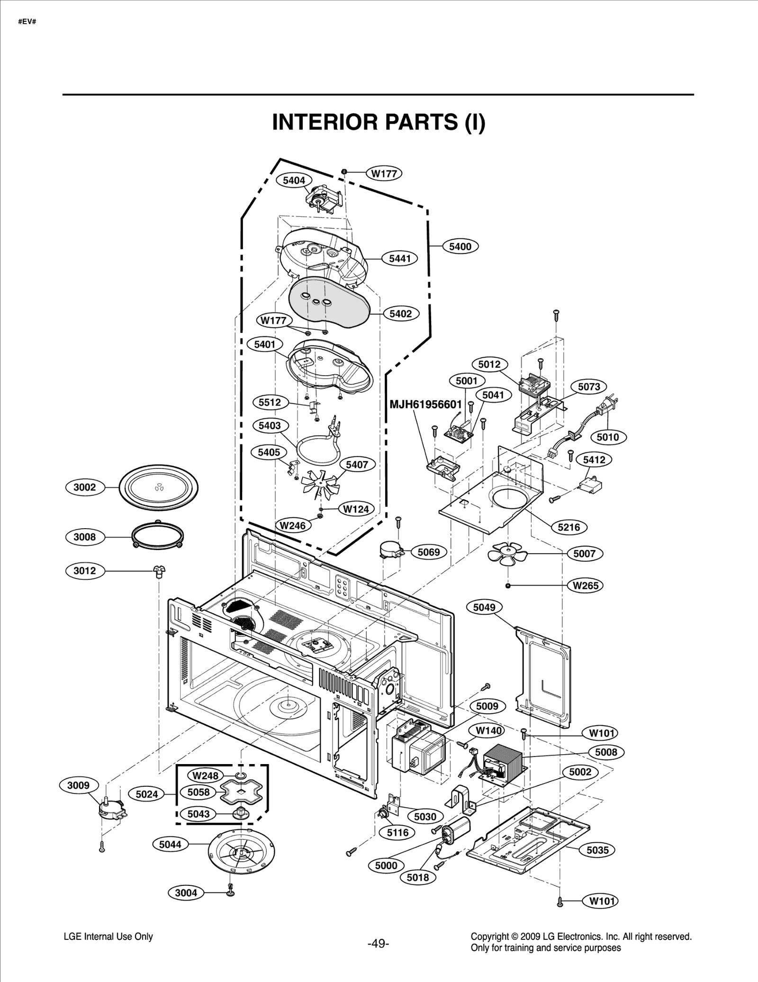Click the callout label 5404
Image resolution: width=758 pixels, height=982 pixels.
[x=294, y=180]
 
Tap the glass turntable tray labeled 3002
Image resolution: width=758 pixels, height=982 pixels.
[x=158, y=487]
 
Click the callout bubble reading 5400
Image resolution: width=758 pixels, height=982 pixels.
[x=460, y=246]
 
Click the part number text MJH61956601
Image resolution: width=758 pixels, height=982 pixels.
[x=425, y=404]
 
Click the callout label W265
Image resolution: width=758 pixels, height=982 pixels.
[x=586, y=586]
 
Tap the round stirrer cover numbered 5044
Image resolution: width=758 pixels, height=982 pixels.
[x=241, y=853]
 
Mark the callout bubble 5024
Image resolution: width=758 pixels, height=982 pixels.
[x=146, y=794]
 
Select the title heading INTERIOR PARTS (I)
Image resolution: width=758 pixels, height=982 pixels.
[x=379, y=122]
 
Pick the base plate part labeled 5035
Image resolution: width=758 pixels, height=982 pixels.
[x=528, y=840]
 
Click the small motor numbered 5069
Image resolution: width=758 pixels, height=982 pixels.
[x=392, y=550]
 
